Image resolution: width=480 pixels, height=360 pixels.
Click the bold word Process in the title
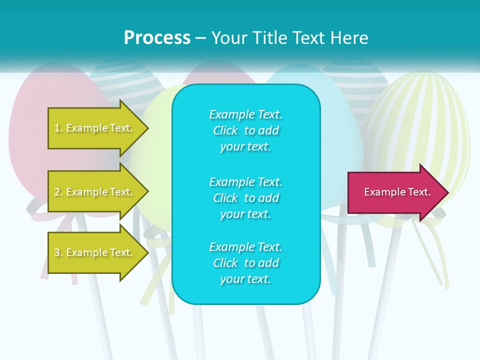click(x=157, y=38)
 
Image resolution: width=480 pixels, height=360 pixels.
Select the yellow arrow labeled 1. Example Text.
click(x=95, y=128)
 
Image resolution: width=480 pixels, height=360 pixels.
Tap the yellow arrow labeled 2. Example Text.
click(x=95, y=192)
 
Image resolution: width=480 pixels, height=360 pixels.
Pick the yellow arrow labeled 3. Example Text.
click(x=95, y=252)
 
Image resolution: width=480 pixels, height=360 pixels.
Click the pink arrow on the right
click(x=395, y=192)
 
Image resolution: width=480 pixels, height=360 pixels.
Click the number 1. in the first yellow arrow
click(x=58, y=128)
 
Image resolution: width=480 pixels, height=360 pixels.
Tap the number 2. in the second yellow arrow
click(x=58, y=192)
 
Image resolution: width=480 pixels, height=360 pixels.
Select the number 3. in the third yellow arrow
click(x=58, y=252)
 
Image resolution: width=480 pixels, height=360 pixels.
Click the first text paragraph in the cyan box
click(x=245, y=130)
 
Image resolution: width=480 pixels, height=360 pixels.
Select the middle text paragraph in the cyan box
click(x=245, y=198)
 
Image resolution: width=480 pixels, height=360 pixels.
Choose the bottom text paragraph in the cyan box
click(x=245, y=263)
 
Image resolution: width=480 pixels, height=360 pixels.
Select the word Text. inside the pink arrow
click(x=418, y=192)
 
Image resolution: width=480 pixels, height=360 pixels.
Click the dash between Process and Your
click(x=201, y=38)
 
